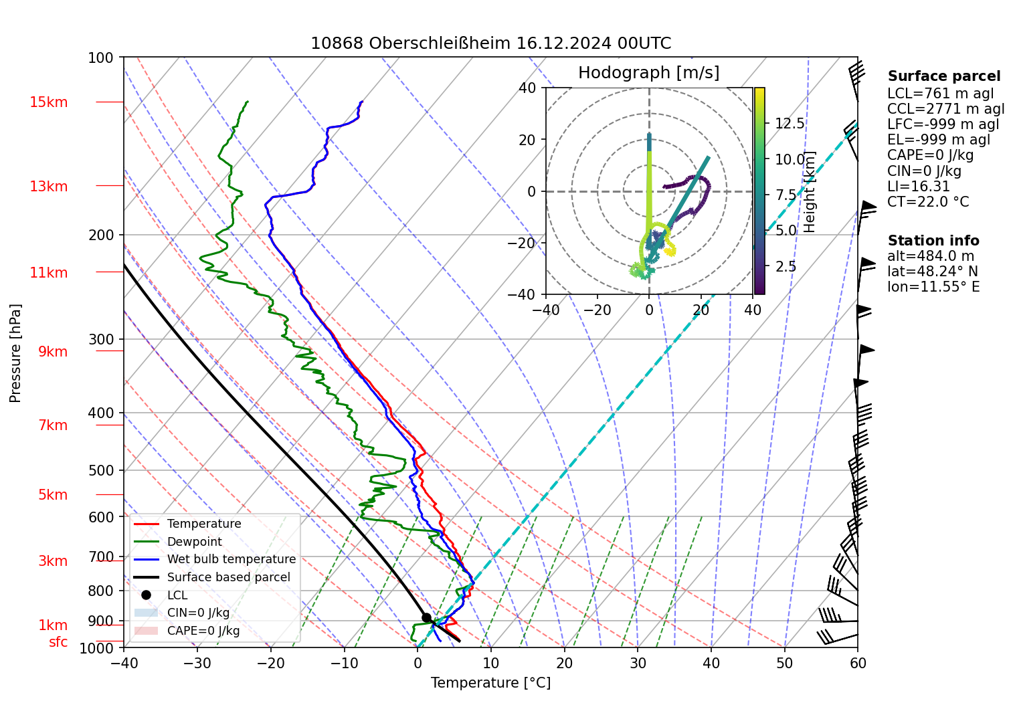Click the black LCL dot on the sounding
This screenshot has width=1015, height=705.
[426, 617]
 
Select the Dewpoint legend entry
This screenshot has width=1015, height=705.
[194, 542]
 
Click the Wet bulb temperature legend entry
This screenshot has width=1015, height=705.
[231, 559]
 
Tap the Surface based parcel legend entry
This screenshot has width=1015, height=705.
[228, 577]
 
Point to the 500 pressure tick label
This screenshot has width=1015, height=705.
[101, 470]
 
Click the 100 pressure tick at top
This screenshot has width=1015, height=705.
[101, 58]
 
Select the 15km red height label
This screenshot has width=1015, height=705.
[48, 102]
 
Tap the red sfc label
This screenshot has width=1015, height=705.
[58, 642]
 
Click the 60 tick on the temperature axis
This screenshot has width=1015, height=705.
[858, 664]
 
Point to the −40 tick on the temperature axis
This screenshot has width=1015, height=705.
[124, 664]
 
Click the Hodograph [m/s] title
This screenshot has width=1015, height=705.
[648, 73]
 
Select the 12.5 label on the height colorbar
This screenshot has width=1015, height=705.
[790, 124]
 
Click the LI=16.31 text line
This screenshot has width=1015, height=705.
[918, 187]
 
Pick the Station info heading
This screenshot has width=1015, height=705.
[933, 241]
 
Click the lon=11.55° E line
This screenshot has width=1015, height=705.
[933, 287]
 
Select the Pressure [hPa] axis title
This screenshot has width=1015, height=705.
[15, 353]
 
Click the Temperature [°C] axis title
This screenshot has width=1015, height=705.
[490, 683]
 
